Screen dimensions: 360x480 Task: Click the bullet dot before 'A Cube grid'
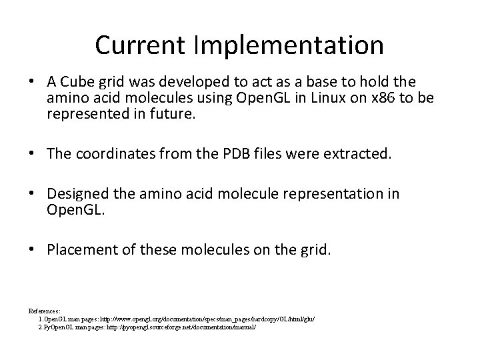[x=33, y=82]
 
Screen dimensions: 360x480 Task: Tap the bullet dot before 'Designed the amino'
[x=33, y=195]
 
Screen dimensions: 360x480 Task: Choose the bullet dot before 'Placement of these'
[x=33, y=250]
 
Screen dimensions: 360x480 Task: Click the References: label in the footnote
[x=45, y=311]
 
